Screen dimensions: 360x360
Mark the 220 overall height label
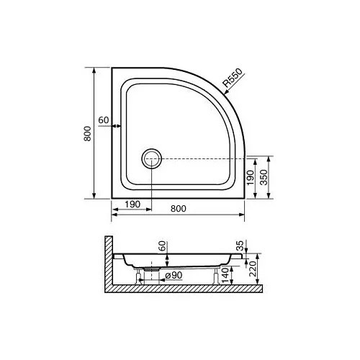(253, 267)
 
